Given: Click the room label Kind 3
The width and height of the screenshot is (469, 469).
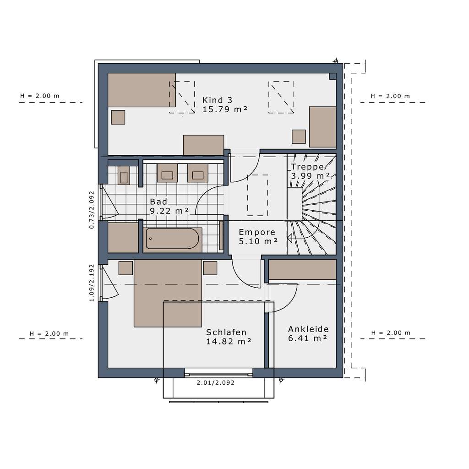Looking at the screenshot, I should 218,100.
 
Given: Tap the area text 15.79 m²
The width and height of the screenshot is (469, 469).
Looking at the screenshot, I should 225,109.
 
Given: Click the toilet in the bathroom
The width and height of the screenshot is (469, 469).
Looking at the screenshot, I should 124,175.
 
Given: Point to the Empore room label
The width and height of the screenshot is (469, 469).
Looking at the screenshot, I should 257,232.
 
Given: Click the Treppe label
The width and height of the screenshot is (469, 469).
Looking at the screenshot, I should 308,167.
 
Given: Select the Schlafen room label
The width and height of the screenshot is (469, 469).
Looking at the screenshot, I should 226,333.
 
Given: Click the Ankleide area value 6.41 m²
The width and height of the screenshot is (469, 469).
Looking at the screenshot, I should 307,338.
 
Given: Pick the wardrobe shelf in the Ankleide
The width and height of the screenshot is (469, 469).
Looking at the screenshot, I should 302,269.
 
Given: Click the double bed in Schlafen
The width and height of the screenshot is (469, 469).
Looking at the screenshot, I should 168,293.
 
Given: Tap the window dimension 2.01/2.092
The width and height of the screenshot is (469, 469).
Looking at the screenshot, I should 215,383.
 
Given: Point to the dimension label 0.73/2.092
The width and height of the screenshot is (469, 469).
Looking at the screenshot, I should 92,210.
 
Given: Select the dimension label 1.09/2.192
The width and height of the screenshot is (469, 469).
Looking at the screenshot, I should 92,283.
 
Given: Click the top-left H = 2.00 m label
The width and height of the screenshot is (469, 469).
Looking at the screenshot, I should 40,96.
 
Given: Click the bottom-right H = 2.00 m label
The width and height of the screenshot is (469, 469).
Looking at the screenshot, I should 391,333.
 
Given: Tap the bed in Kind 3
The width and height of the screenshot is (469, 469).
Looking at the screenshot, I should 142,90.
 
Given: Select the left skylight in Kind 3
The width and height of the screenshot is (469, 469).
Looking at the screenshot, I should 182,97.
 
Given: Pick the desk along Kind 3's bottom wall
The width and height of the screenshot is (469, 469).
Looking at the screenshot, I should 203,145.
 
